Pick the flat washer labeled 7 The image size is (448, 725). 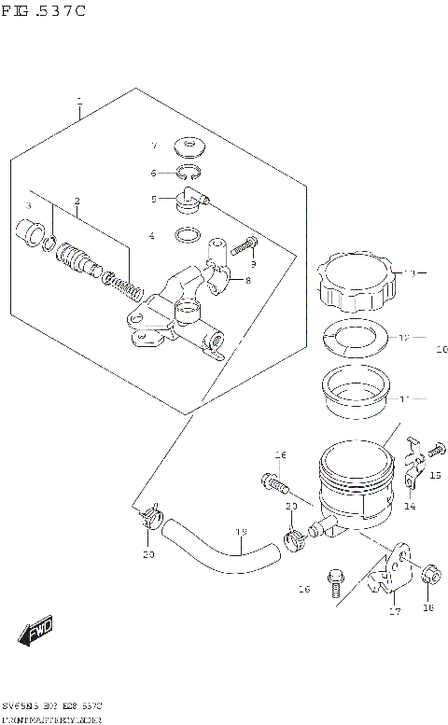pos(191,146)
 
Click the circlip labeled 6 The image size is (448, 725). pos(189,172)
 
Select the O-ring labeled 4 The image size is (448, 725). pos(187,235)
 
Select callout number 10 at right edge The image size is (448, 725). pos(441,351)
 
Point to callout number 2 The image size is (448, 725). pos(77,202)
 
